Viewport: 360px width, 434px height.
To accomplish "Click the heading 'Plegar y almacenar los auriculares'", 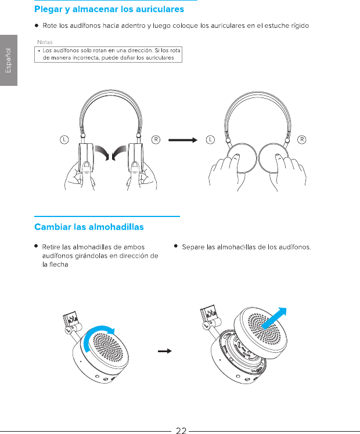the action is point(109,9).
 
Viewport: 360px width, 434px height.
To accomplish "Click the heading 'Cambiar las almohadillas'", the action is point(89,226).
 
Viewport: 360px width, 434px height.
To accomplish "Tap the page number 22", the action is point(181,430).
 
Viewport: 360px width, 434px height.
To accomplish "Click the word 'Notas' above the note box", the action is point(45,42).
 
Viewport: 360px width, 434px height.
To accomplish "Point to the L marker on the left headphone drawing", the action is point(64,139).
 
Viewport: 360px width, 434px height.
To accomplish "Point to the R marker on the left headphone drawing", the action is point(156,139).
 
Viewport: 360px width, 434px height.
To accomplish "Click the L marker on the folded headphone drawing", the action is point(210,139).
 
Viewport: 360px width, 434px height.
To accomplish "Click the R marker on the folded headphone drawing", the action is point(302,139).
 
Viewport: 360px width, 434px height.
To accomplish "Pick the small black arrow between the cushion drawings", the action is point(167,351).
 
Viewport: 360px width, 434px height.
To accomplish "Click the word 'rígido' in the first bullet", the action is point(298,26).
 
